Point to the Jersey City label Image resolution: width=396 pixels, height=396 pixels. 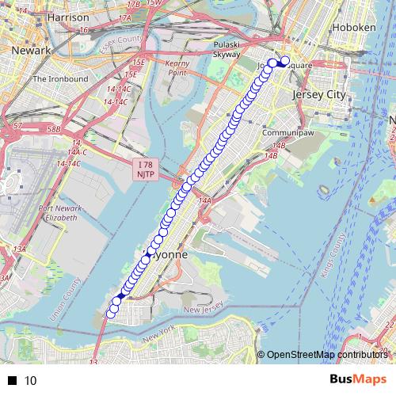[x=320, y=94]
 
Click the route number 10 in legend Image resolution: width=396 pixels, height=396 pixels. [x=31, y=380]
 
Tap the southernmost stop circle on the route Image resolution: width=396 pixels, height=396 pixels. [x=110, y=314]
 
